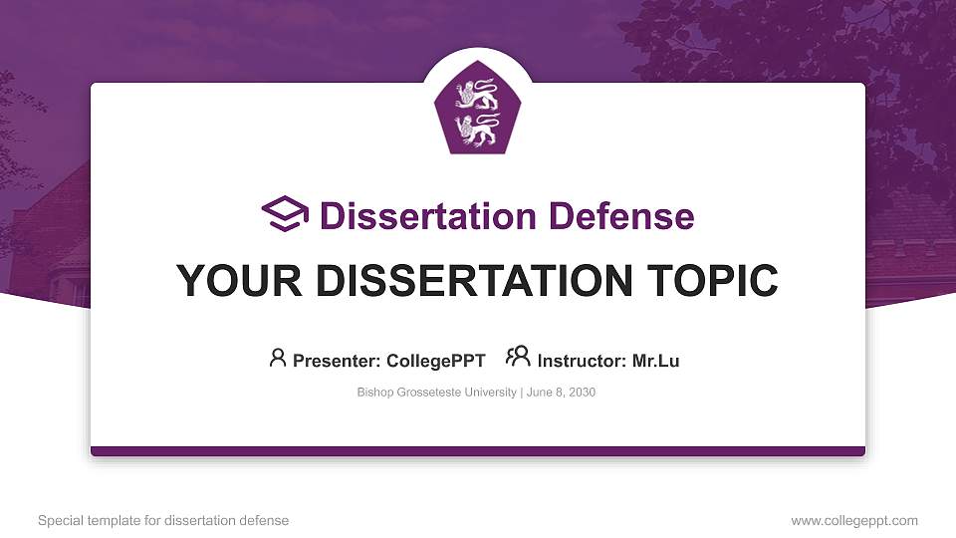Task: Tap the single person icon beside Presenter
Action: (278, 358)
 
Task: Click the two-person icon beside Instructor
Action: (518, 357)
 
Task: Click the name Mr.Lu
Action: (655, 361)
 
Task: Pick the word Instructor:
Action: (582, 361)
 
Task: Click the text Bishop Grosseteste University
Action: (436, 393)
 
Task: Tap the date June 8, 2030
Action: (560, 393)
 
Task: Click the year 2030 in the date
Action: (581, 393)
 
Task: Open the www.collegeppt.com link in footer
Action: (854, 520)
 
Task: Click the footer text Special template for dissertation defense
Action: (163, 520)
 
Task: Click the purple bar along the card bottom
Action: (478, 451)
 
